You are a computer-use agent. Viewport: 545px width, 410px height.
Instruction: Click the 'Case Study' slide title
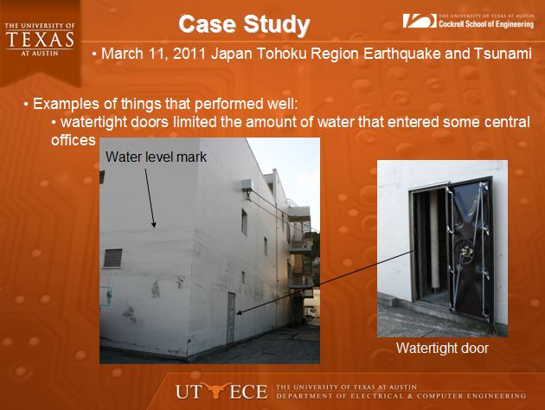pyautogui.click(x=244, y=25)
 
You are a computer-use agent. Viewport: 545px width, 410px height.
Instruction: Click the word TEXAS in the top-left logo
pyautogui.click(x=40, y=40)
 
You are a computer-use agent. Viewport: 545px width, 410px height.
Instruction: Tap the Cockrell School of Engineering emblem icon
pyautogui.click(x=420, y=21)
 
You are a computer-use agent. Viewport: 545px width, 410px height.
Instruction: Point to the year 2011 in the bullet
pyautogui.click(x=189, y=54)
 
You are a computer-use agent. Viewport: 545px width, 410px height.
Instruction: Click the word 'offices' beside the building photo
pyautogui.click(x=73, y=140)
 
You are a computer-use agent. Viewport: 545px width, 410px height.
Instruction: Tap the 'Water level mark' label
pyautogui.click(x=156, y=157)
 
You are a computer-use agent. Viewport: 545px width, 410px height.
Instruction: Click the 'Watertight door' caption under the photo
pyautogui.click(x=442, y=348)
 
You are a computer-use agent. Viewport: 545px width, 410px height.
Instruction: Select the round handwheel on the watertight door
pyautogui.click(x=464, y=252)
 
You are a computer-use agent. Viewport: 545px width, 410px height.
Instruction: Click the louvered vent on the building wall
pyautogui.click(x=113, y=258)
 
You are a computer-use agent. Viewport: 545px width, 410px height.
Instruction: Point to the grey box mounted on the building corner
pyautogui.click(x=247, y=185)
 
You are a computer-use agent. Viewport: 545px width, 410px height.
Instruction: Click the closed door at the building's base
pyautogui.click(x=231, y=318)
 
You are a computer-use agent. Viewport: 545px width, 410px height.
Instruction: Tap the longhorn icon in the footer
pyautogui.click(x=215, y=390)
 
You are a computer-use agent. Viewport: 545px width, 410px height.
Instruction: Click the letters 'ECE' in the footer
pyautogui.click(x=248, y=392)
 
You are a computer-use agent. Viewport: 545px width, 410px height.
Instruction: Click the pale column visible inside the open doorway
pyautogui.click(x=434, y=240)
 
